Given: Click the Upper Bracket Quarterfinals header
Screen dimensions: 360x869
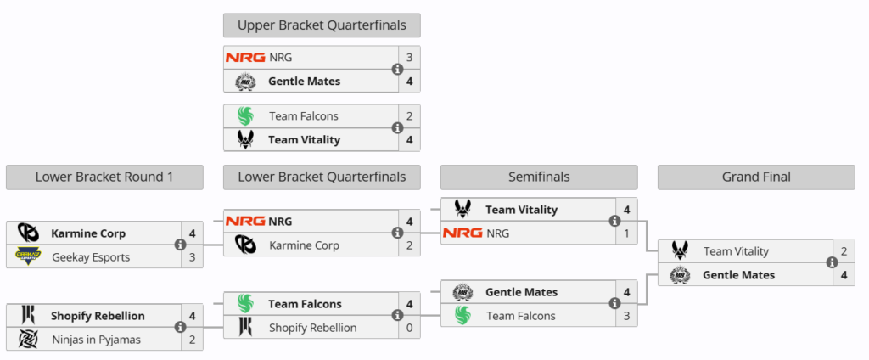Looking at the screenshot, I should click(322, 25).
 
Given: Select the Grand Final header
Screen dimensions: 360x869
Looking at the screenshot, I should click(756, 177).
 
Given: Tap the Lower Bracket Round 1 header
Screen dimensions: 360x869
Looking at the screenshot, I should click(104, 177).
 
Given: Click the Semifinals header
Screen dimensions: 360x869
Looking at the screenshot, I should click(539, 177).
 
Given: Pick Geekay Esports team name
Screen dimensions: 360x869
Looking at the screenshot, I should click(91, 256).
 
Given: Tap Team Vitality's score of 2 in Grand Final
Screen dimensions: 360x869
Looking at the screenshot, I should click(844, 251).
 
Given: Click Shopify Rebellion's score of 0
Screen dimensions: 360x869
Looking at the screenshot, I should click(409, 328).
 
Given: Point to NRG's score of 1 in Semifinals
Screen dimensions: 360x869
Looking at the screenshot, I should click(626, 233).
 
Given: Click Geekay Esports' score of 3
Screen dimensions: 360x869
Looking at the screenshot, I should click(192, 256).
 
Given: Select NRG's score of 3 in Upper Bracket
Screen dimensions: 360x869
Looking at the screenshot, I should click(409, 58).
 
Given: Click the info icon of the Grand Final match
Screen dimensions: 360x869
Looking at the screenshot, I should click(832, 263).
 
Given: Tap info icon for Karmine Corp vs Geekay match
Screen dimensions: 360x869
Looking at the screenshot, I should click(180, 245).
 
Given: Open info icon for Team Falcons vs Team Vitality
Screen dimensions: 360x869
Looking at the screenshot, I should click(397, 128).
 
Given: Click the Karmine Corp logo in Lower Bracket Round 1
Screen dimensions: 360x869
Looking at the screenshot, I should click(28, 233).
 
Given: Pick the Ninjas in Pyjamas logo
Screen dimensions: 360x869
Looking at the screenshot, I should click(28, 340).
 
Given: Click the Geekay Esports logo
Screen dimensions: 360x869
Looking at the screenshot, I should click(28, 256).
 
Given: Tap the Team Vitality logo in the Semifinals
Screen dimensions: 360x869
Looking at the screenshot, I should click(463, 209).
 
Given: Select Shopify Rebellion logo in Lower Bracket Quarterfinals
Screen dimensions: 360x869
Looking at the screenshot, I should click(245, 328).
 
